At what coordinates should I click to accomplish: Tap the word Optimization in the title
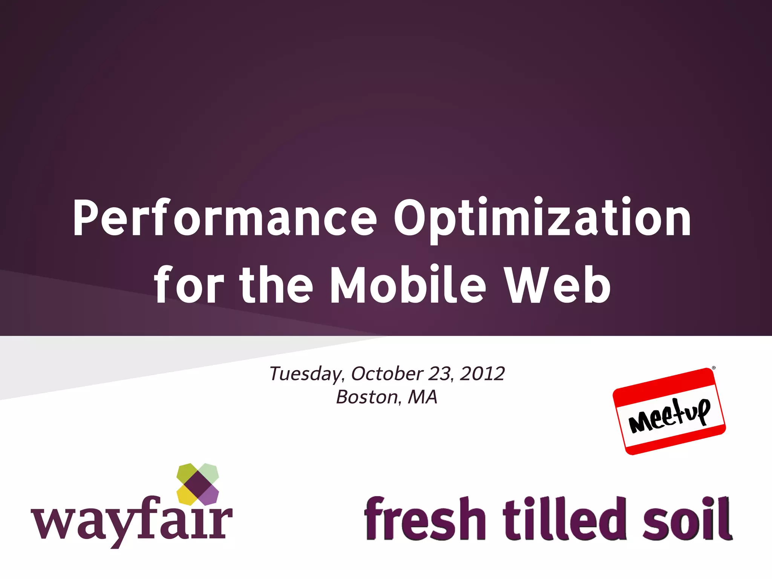(543, 218)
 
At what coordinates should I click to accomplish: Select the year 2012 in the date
(482, 374)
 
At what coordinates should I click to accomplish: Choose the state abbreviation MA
(423, 397)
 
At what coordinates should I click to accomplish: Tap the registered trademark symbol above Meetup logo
(714, 368)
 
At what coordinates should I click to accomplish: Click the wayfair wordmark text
(132, 522)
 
